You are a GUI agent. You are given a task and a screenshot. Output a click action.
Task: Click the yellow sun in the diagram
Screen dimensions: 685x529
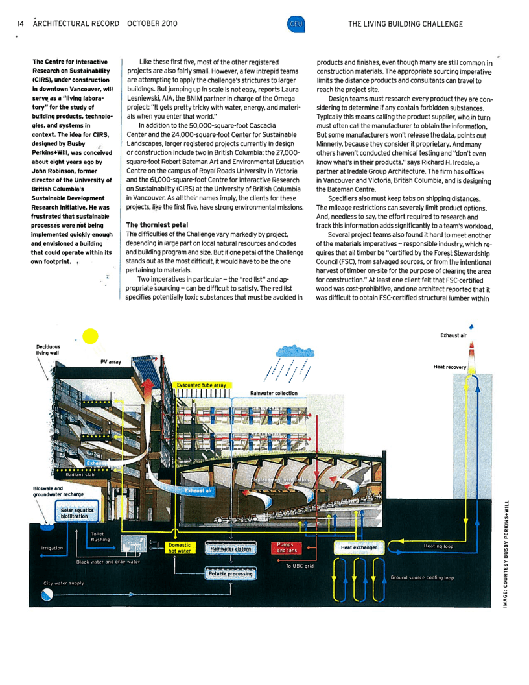point(90,337)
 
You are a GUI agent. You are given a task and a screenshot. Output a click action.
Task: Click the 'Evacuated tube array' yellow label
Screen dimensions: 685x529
point(201,385)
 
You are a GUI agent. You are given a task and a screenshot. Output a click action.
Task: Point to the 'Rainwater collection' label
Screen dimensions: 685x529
point(274,393)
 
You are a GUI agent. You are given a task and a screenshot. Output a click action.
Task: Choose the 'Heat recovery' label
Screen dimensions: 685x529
point(449,367)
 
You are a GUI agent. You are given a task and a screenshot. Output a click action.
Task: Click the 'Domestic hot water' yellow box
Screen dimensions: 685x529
point(180,548)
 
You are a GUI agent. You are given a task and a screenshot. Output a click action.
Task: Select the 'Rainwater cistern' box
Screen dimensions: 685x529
point(230,549)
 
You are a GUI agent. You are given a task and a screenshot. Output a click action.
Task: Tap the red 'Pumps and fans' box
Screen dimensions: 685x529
point(286,547)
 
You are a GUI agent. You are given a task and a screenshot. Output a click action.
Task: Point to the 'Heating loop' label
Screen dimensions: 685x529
point(438,546)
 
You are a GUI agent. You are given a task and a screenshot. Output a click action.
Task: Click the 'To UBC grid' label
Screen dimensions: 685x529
point(300,566)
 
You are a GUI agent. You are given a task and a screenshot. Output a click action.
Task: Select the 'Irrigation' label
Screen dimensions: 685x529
point(52,548)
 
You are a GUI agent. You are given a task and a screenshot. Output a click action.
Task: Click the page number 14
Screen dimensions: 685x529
point(21,24)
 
